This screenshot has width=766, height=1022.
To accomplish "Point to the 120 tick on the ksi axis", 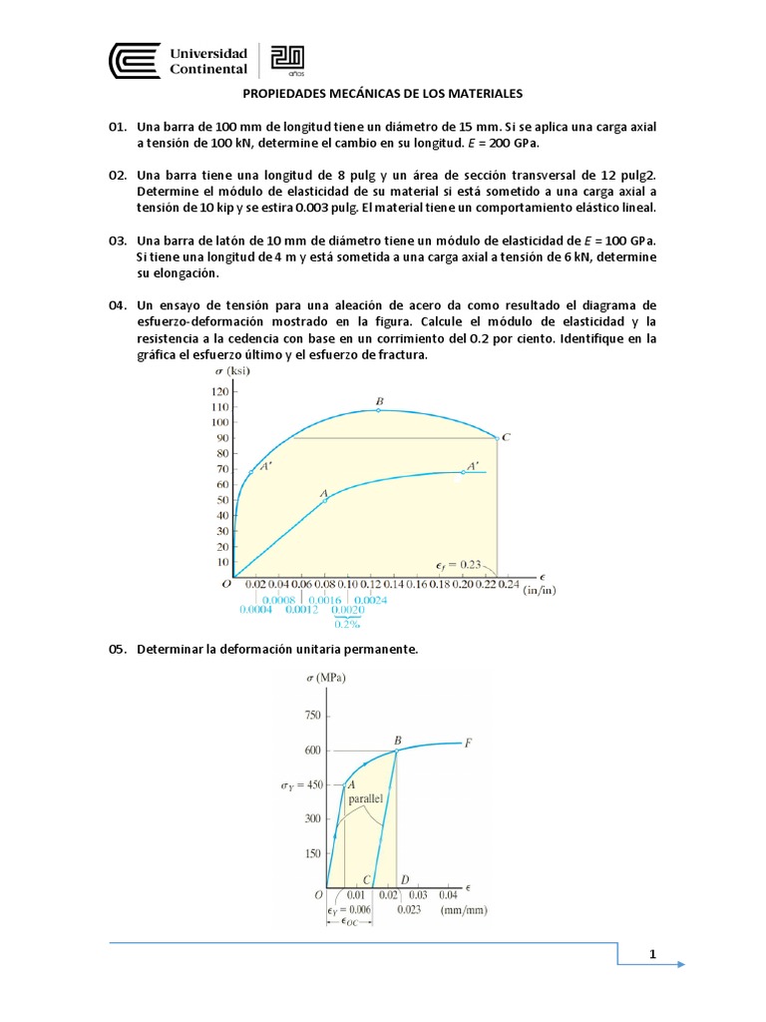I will (218, 391).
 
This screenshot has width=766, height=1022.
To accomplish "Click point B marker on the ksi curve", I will (379, 409).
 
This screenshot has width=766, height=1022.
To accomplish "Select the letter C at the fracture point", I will (507, 437).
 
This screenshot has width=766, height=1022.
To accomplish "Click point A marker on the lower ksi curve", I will (325, 500).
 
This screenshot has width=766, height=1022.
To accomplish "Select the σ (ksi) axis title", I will (231, 371).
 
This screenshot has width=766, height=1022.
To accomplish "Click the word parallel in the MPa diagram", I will (367, 799).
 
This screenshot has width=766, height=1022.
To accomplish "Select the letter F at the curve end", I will (469, 743).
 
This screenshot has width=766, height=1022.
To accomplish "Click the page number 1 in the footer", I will (652, 955).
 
